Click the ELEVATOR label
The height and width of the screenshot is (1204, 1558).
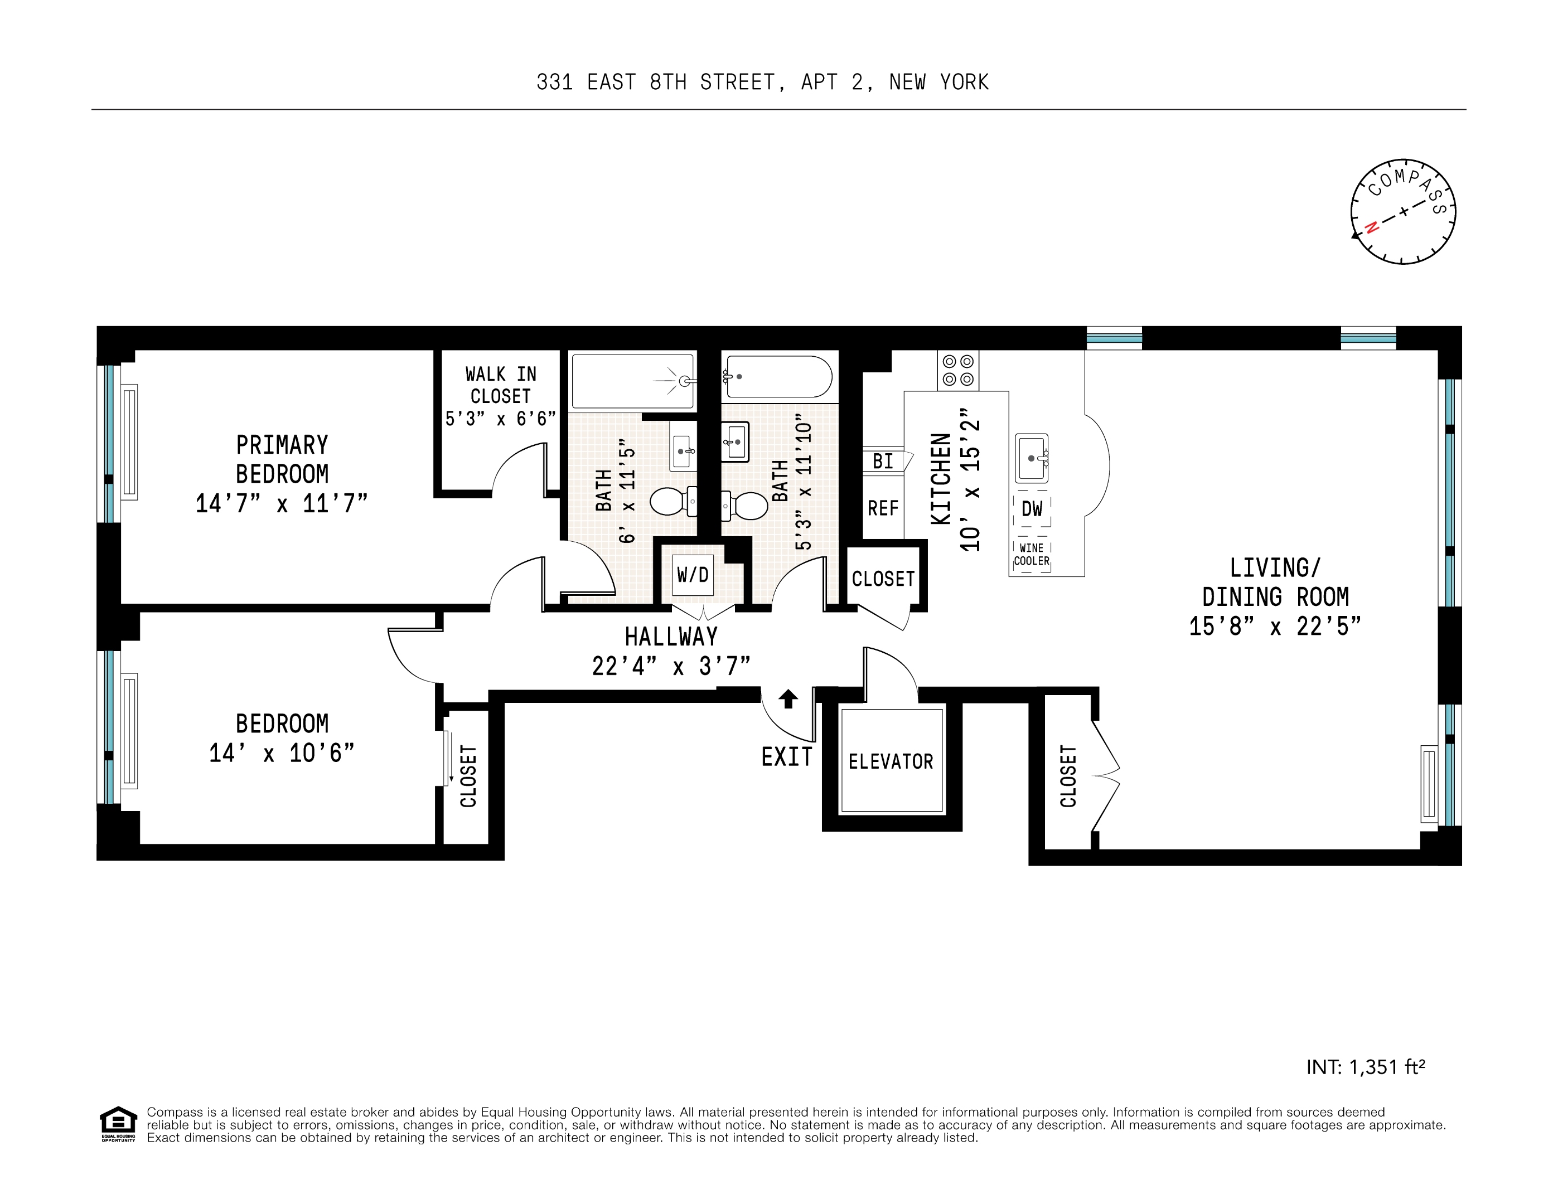click(x=891, y=762)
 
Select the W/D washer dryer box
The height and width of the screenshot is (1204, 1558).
click(x=693, y=575)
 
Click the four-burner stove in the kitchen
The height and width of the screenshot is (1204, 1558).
click(x=958, y=370)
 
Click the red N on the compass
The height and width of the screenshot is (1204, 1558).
click(x=1371, y=228)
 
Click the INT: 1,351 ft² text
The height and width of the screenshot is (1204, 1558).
click(x=1366, y=1067)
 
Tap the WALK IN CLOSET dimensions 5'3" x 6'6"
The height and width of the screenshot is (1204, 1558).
click(x=500, y=419)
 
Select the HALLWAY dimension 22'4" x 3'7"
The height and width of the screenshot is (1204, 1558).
click(x=671, y=667)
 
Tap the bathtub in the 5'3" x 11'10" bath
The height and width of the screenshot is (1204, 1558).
click(x=778, y=377)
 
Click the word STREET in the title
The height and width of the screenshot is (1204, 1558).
click(x=737, y=82)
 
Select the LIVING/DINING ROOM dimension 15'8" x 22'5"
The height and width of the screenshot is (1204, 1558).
click(x=1275, y=627)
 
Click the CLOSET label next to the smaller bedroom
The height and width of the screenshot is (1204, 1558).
click(x=468, y=776)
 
